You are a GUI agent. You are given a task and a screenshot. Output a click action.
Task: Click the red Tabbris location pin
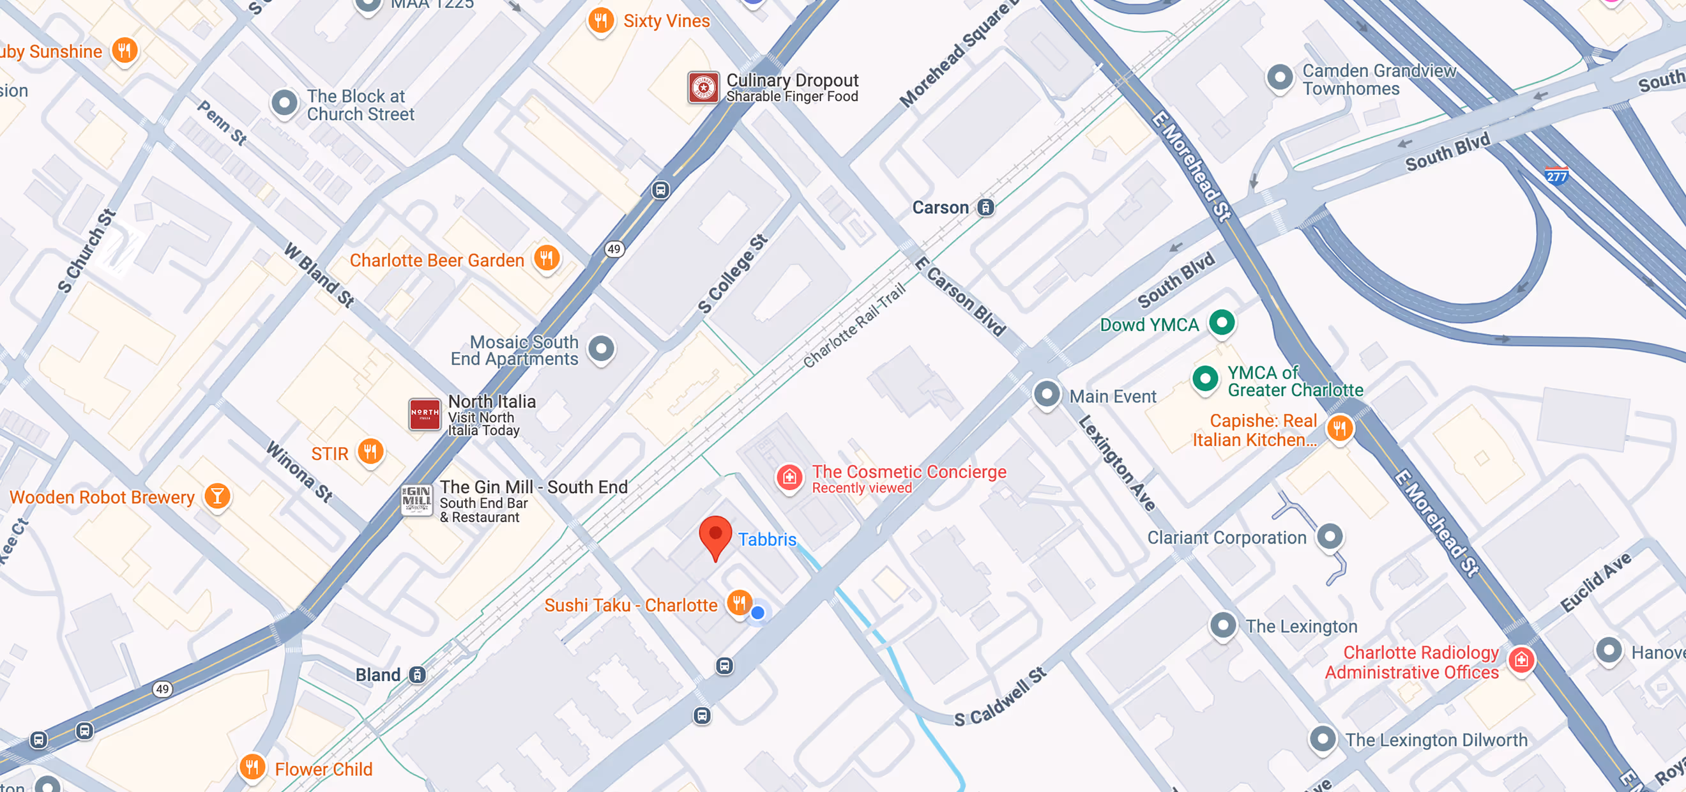715,536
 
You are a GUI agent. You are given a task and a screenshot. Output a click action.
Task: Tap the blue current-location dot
757,613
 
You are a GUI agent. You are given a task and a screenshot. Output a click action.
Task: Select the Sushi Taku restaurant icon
739,603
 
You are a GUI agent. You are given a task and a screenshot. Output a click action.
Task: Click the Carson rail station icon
985,208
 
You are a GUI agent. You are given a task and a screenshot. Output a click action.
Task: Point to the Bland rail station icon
417,675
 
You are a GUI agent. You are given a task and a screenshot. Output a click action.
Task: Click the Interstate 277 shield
1556,176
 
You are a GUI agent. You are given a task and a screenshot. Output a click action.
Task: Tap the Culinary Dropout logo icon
704,87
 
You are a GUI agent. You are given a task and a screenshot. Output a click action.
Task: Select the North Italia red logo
424,414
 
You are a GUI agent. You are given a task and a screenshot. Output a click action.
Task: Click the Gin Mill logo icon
416,500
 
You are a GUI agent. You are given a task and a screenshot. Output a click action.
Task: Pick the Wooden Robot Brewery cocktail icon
216,496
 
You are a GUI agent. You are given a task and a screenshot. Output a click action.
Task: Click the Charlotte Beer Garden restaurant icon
546,258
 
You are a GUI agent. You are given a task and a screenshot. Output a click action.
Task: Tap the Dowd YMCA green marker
1221,322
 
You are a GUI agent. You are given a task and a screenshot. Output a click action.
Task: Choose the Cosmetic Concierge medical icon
789,477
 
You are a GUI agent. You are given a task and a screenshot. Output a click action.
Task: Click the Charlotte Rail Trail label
853,325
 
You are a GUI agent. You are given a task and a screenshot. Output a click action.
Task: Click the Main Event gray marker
1046,394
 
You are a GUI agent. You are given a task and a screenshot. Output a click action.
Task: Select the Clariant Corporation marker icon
1329,537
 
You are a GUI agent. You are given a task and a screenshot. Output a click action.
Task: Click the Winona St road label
299,472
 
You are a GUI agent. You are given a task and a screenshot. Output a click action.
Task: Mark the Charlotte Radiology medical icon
1521,660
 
